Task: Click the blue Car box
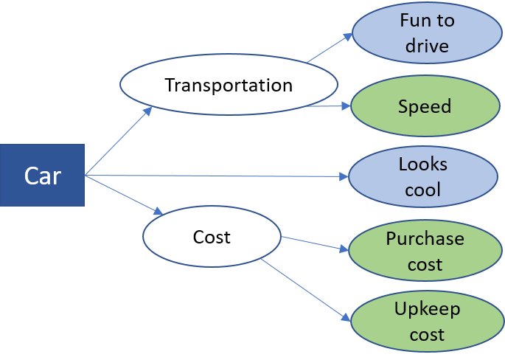tap(42, 176)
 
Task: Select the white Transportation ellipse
tap(229, 85)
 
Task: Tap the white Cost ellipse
tap(212, 237)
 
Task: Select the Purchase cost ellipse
tap(425, 252)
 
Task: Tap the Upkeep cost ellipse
tap(425, 323)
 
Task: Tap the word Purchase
tap(425, 239)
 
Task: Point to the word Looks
tap(423, 164)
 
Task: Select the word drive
tap(427, 46)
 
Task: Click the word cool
tap(423, 190)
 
